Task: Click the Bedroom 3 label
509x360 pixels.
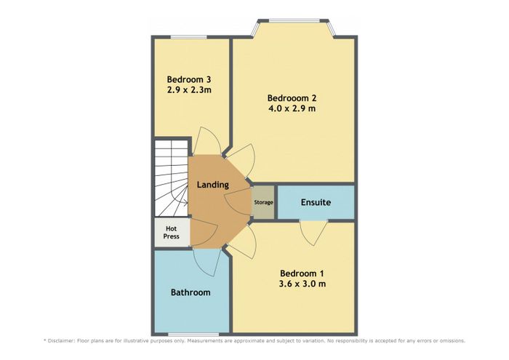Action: (189, 79)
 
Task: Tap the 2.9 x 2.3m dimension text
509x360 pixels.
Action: (189, 90)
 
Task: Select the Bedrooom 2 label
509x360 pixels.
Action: (292, 97)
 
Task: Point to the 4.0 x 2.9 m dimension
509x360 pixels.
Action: (292, 108)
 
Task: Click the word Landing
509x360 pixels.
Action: (213, 185)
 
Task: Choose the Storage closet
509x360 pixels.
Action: (263, 202)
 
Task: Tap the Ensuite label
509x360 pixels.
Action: (316, 202)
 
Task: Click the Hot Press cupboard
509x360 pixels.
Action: (172, 233)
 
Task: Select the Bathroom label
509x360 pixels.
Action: (191, 292)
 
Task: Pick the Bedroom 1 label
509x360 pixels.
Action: (302, 273)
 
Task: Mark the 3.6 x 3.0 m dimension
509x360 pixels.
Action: (302, 284)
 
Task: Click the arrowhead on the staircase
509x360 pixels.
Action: (185, 203)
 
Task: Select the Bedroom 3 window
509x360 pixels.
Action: (188, 36)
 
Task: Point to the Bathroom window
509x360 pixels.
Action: (193, 335)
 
